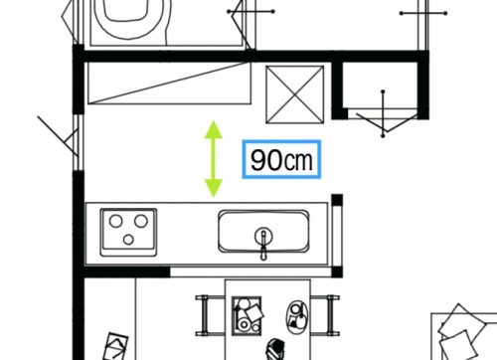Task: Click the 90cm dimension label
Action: click(x=281, y=160)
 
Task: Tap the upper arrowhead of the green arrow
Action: click(x=214, y=129)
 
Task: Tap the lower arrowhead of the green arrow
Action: click(x=214, y=188)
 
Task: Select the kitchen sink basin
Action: click(x=263, y=231)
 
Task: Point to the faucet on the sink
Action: click(x=263, y=243)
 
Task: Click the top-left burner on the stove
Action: click(x=116, y=221)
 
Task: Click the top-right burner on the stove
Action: click(x=141, y=221)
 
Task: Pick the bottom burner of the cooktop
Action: click(x=128, y=240)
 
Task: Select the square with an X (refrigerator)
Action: click(x=295, y=94)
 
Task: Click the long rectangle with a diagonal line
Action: click(x=169, y=83)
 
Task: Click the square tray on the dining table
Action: click(x=247, y=315)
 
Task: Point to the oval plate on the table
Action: click(x=297, y=316)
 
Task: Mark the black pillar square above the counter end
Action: click(x=337, y=200)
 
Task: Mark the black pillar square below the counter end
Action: click(x=337, y=271)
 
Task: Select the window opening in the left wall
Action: click(x=79, y=142)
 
